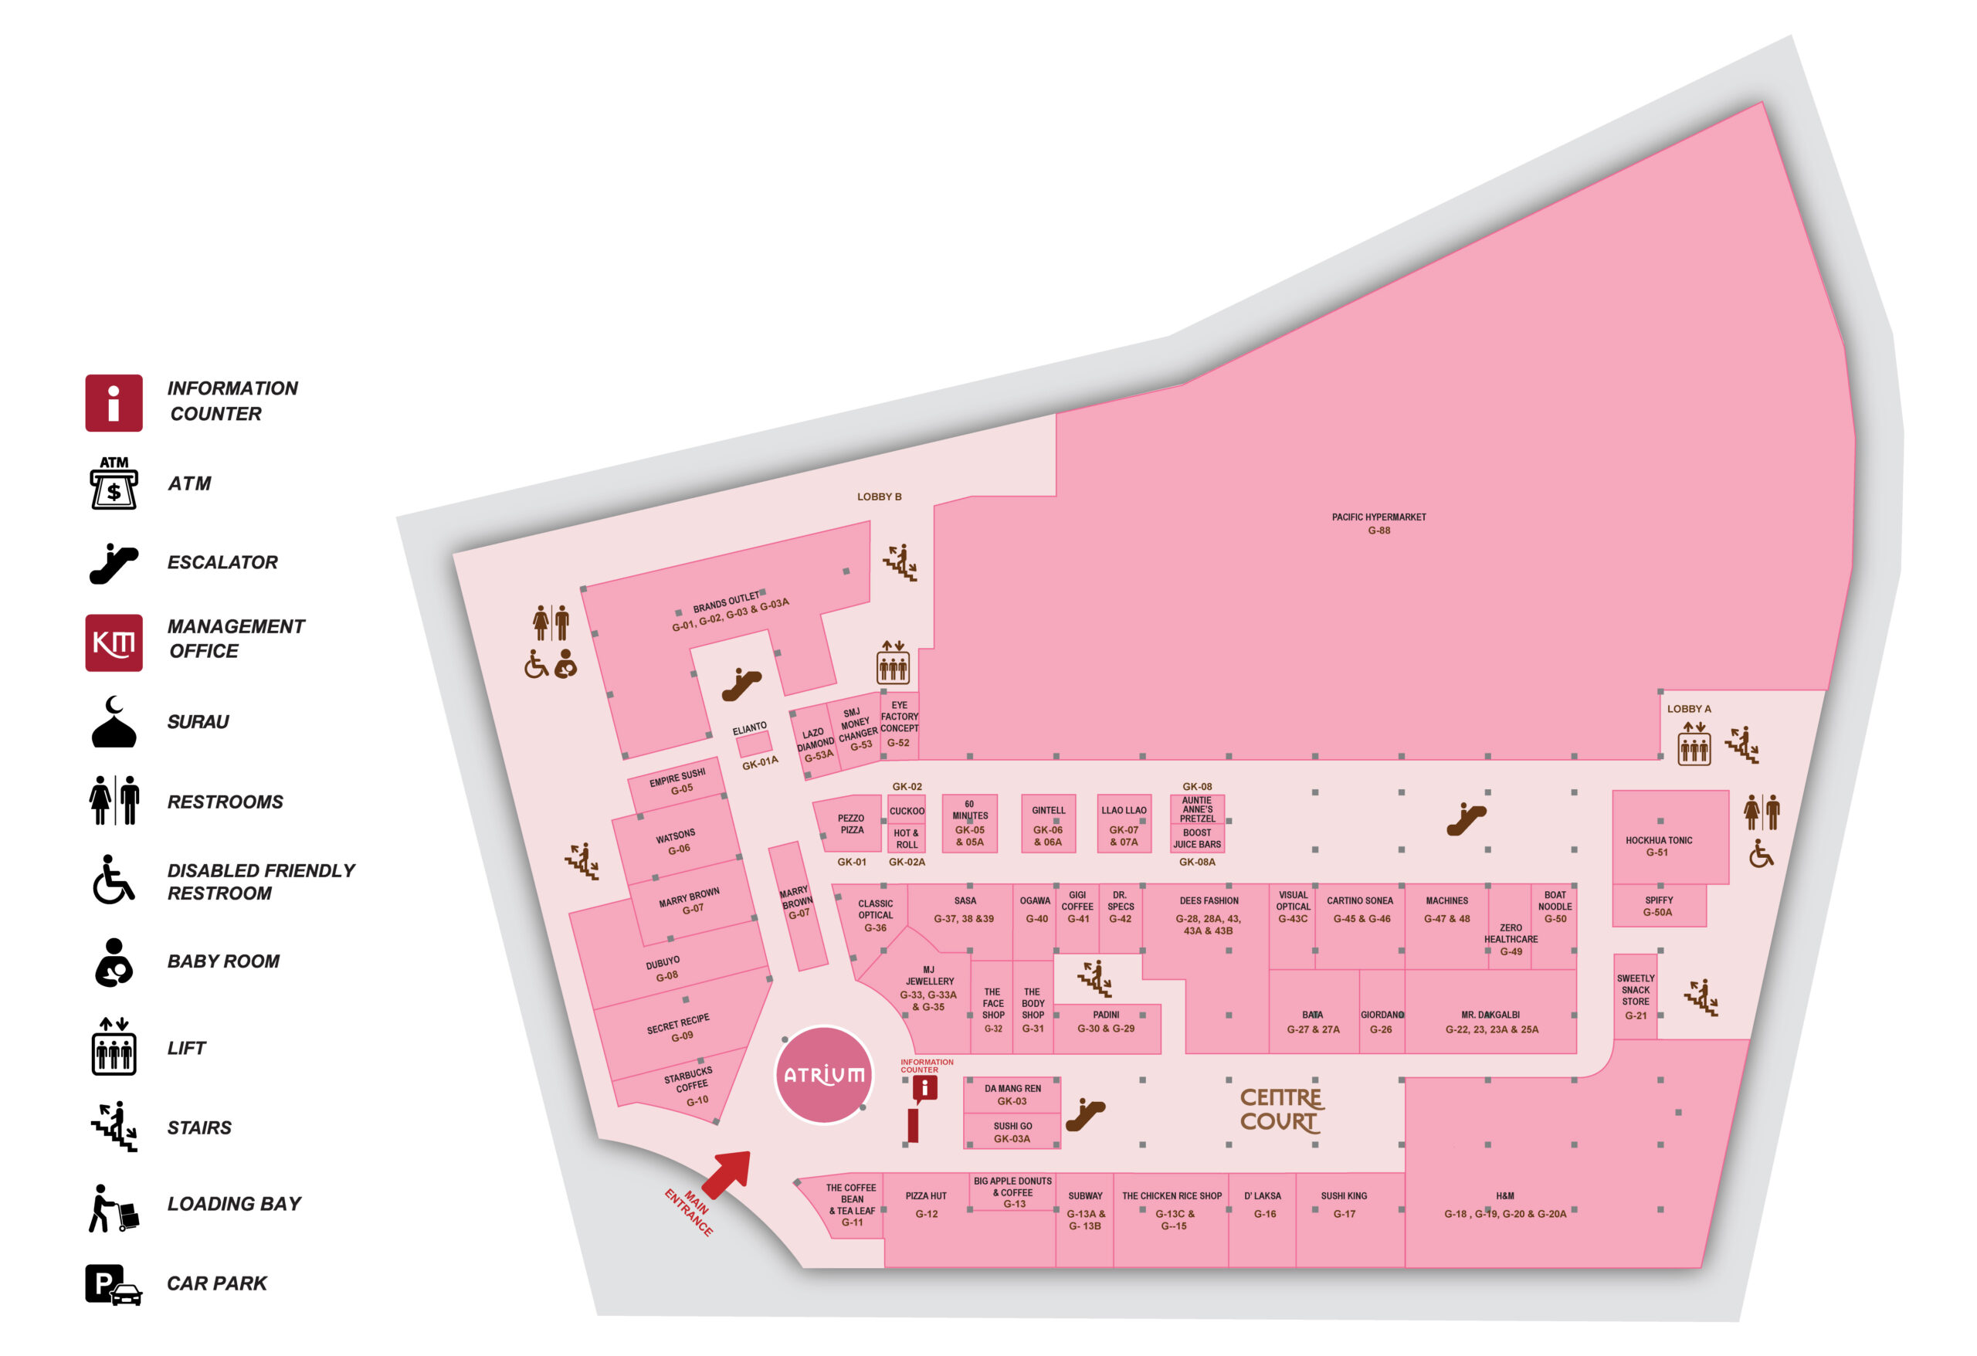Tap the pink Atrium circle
[x=823, y=1074]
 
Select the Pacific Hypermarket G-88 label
[x=1378, y=524]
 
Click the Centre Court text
[x=1280, y=1110]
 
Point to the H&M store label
[x=1504, y=1205]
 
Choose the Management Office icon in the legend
[x=114, y=642]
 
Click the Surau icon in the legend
[x=114, y=722]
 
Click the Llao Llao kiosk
[x=1123, y=823]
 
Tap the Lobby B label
[x=879, y=497]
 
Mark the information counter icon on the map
[x=924, y=1088]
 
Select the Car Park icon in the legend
[x=114, y=1283]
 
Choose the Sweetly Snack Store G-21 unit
[x=1635, y=996]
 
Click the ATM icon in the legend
[x=114, y=483]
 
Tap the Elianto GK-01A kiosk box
[x=754, y=744]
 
